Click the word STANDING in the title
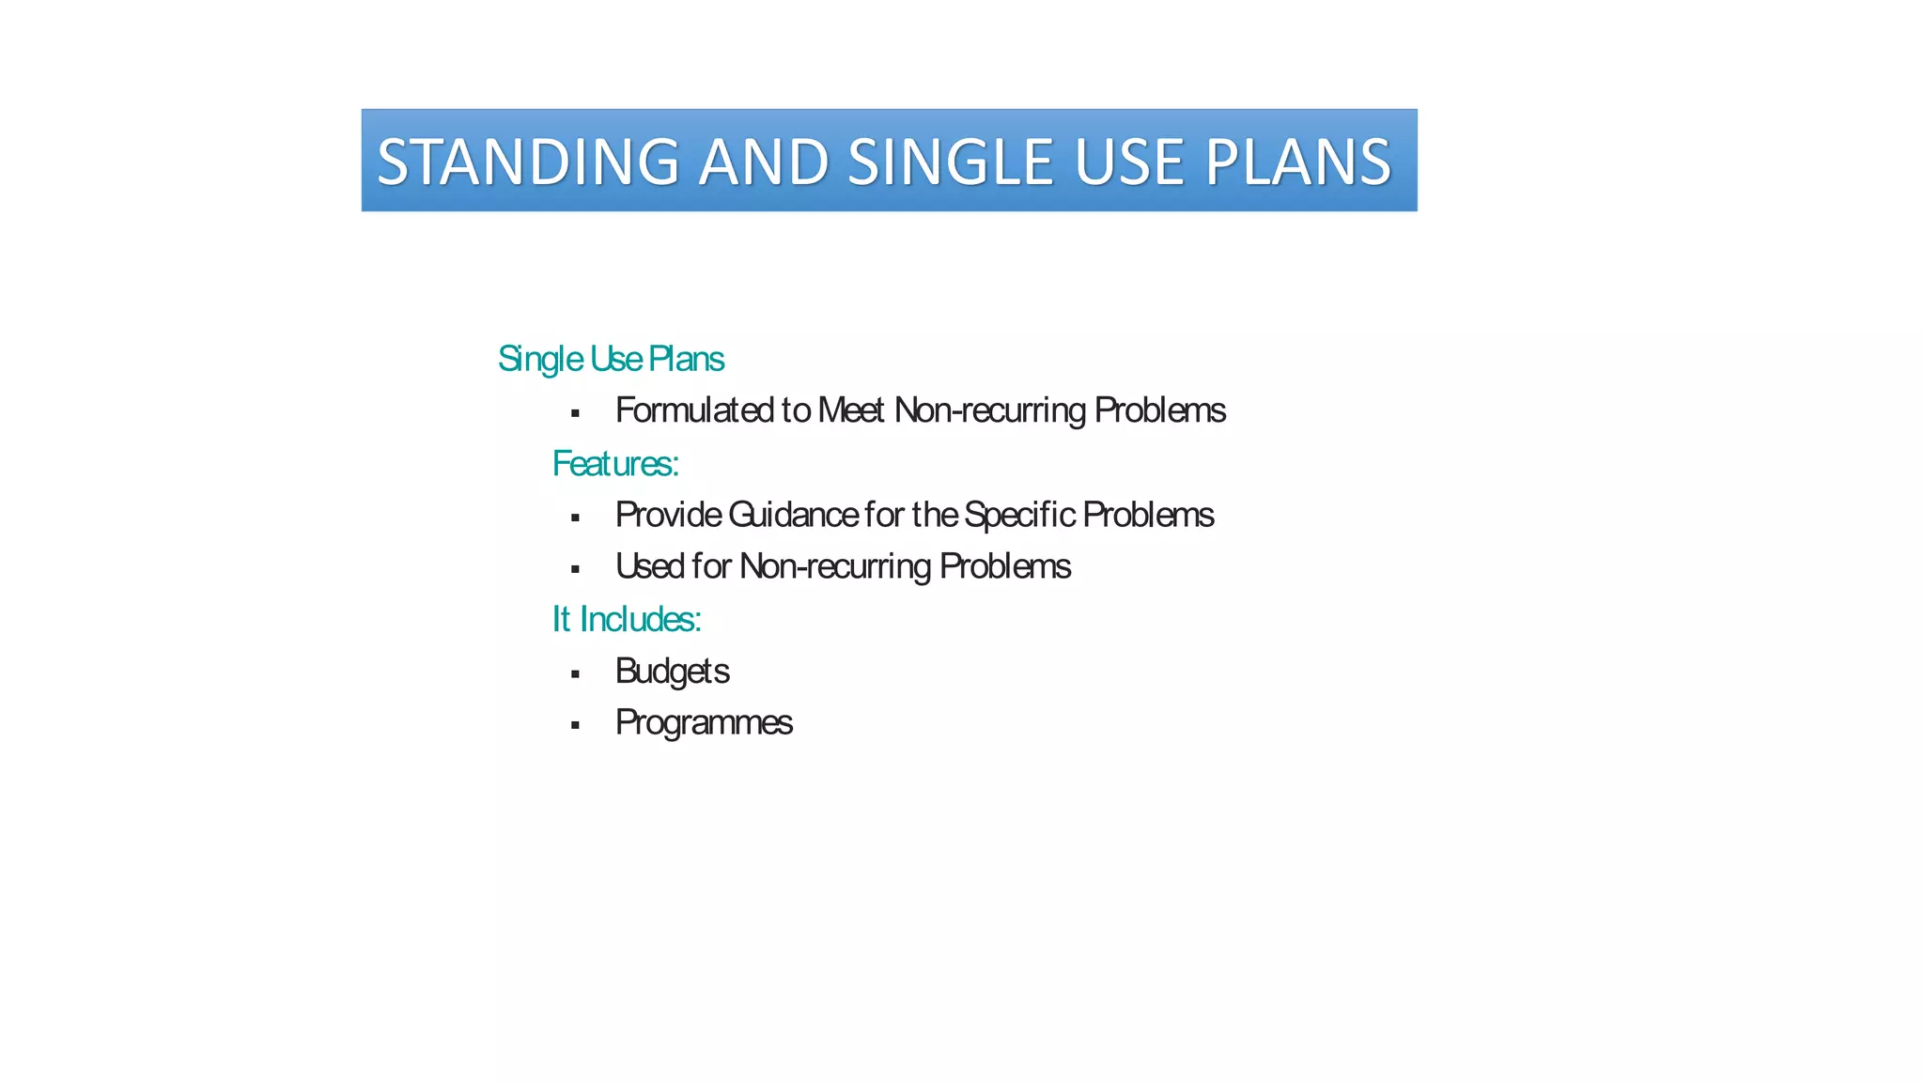(528, 162)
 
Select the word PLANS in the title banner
(1297, 162)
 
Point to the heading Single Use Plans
(611, 359)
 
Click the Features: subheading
(615, 463)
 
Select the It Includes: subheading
(627, 619)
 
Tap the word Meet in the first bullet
(851, 410)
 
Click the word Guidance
(793, 515)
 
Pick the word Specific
(1019, 515)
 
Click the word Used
(649, 566)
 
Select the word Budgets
(672, 671)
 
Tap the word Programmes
(704, 722)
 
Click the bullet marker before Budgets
(575, 673)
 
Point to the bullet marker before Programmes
(575, 725)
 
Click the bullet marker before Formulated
(575, 413)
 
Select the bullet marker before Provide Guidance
(575, 518)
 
